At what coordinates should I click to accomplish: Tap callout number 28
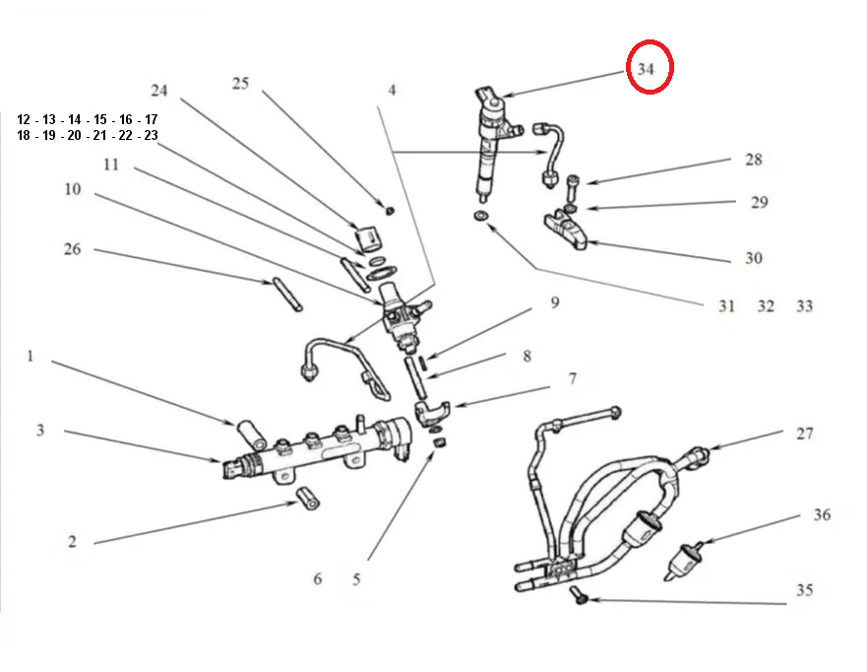pyautogui.click(x=753, y=160)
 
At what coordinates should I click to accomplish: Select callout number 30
pyautogui.click(x=753, y=258)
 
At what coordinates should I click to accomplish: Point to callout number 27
pyautogui.click(x=806, y=434)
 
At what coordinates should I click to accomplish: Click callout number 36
pyautogui.click(x=823, y=514)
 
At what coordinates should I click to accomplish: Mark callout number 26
pyautogui.click(x=73, y=249)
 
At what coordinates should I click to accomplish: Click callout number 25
pyautogui.click(x=241, y=83)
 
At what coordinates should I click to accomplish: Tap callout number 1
pyautogui.click(x=31, y=355)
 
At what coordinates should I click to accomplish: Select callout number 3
pyautogui.click(x=40, y=430)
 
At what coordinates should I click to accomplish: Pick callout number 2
pyautogui.click(x=72, y=541)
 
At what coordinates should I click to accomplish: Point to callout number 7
pyautogui.click(x=572, y=378)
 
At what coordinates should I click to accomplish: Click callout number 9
pyautogui.click(x=554, y=302)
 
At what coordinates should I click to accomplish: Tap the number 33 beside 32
pyautogui.click(x=804, y=306)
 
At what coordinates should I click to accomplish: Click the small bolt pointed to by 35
pyautogui.click(x=580, y=597)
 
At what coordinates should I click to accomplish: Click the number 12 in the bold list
pyautogui.click(x=24, y=119)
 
